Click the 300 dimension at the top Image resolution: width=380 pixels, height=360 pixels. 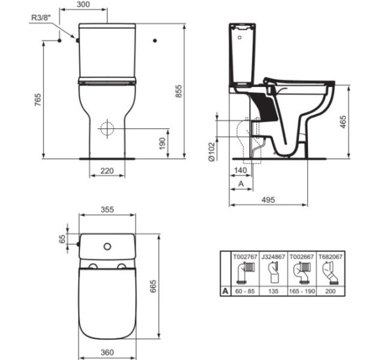[x=83, y=5]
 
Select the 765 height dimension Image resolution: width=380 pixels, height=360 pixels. [x=38, y=99]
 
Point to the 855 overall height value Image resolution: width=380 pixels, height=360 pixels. [x=179, y=91]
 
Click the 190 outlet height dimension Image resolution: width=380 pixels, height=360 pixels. [x=162, y=143]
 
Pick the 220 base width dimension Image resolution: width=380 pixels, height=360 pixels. [x=107, y=171]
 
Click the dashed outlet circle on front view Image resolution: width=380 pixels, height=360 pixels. [x=107, y=128]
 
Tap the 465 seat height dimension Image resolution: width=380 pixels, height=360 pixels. [x=343, y=122]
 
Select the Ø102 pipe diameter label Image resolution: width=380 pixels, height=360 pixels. [x=212, y=152]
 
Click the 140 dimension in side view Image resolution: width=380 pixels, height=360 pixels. [x=240, y=170]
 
